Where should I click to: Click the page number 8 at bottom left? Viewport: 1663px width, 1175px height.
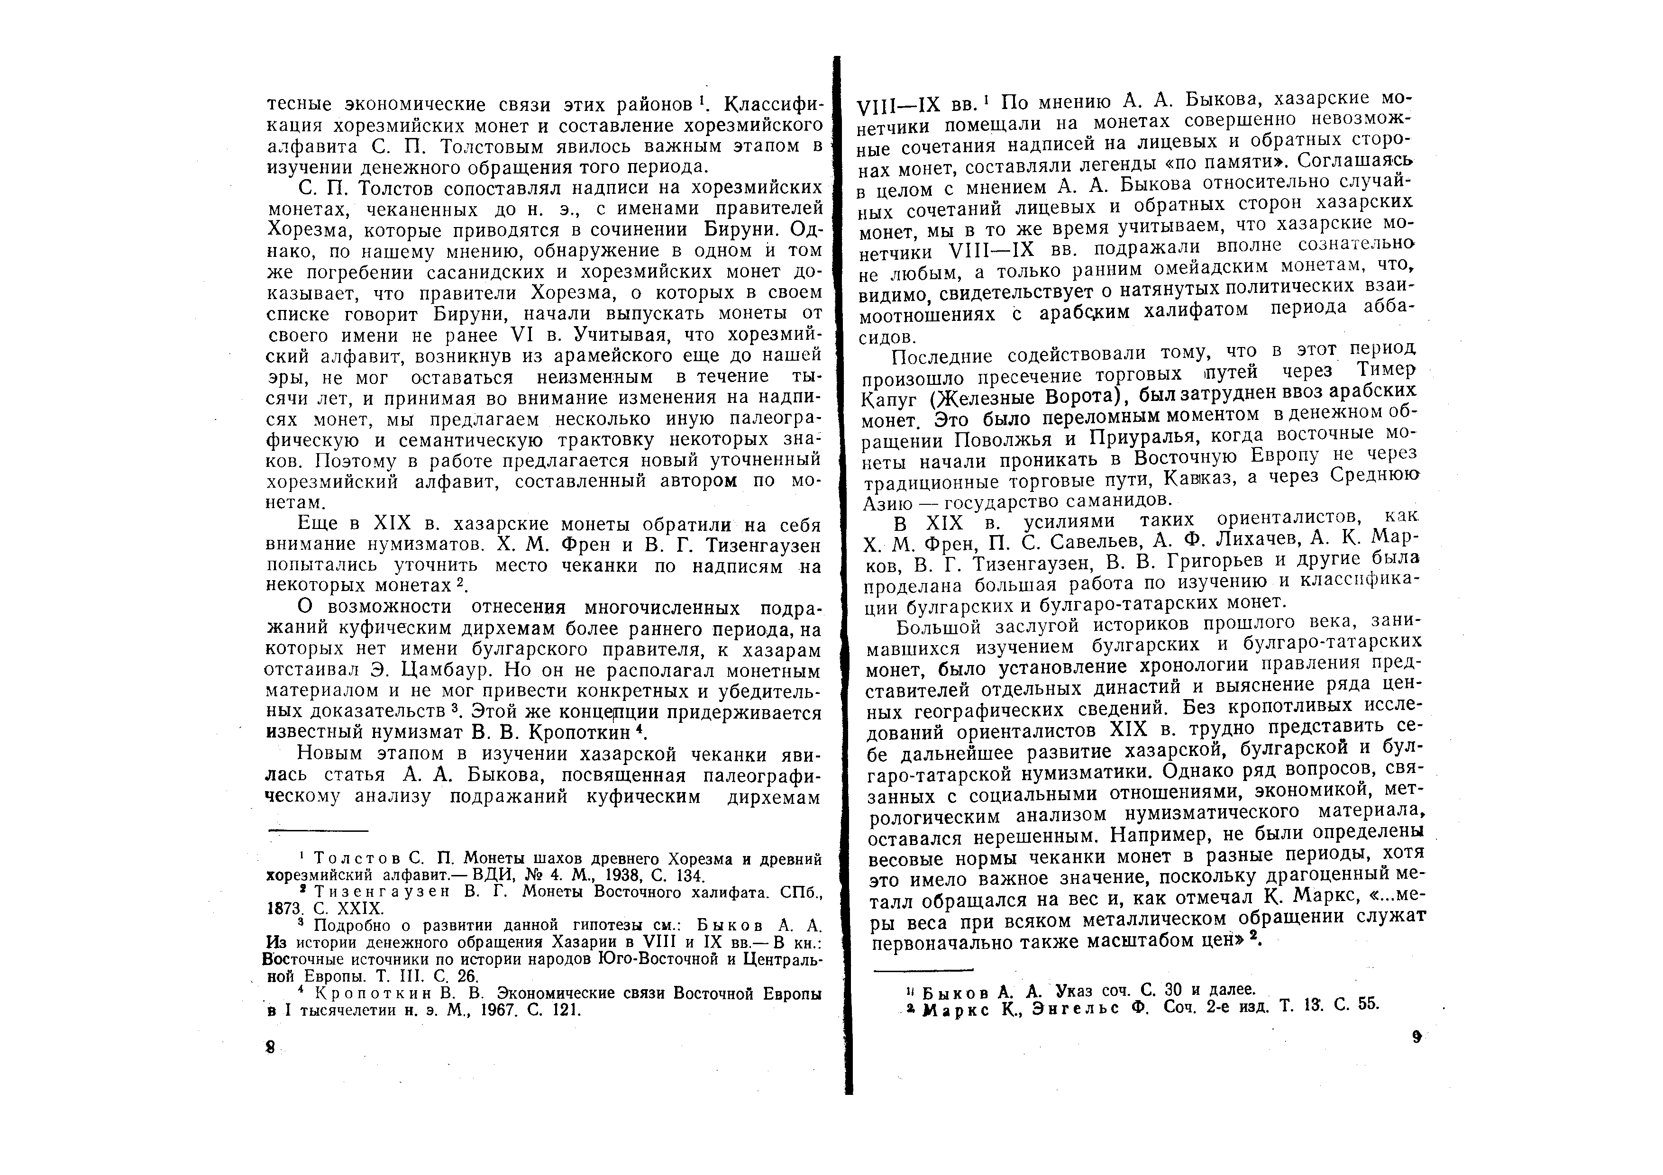tap(271, 1047)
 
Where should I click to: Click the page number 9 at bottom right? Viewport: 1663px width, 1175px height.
tap(1417, 1037)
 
